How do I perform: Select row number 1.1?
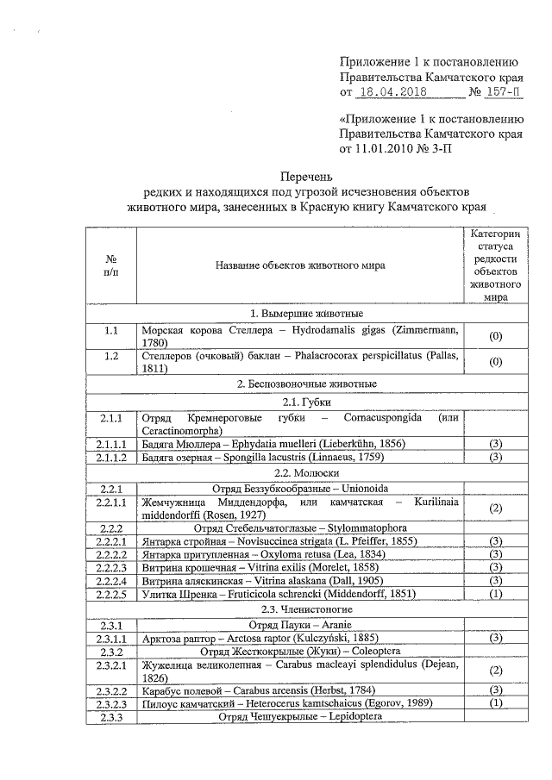110,331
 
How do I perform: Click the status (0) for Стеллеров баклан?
495,362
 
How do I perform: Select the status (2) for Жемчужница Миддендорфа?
495,509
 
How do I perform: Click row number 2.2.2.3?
112,567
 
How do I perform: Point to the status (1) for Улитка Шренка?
495,595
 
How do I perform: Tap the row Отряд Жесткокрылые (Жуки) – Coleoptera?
300,652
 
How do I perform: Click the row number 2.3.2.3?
112,704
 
